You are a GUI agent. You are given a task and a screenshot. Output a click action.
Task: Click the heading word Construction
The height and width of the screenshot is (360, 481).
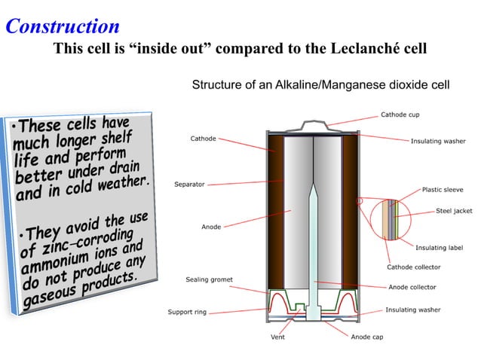coord(62,26)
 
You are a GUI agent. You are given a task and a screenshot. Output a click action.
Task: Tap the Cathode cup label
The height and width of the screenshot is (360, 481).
coord(400,114)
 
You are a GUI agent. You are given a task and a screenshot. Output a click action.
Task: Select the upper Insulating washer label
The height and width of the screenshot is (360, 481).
coord(437,141)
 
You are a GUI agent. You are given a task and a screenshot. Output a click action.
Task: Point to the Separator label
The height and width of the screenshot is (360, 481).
coord(189,184)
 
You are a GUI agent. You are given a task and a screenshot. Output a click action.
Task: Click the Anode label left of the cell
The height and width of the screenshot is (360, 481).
coord(211,227)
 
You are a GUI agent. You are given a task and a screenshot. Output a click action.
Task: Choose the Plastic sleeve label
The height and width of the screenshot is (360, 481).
coord(443,190)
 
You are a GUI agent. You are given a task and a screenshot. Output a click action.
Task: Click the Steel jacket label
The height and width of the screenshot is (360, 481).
coord(454,211)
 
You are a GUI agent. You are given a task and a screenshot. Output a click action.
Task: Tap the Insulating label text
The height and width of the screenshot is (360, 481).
coord(439,247)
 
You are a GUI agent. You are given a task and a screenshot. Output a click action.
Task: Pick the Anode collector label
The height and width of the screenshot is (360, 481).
coord(412,287)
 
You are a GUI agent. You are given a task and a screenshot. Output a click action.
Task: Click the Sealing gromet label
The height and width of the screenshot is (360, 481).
coord(209,279)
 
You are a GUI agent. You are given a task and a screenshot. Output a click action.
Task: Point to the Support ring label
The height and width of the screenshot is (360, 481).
coord(186,312)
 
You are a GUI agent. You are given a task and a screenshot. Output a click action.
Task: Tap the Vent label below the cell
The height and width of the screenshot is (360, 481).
coord(277,337)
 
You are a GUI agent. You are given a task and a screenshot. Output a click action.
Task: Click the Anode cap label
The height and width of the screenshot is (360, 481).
coord(367,337)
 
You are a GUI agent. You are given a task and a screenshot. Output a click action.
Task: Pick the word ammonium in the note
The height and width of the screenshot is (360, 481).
coord(53,267)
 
